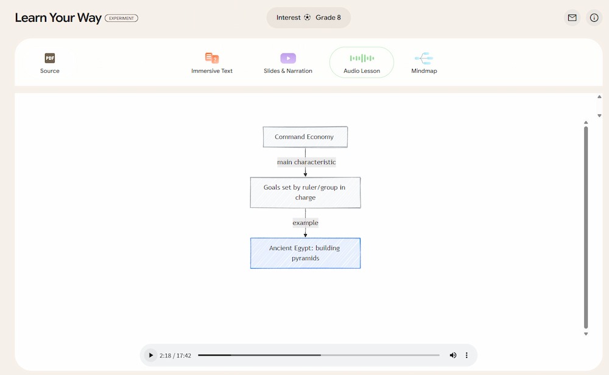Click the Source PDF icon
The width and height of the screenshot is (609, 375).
coord(50,58)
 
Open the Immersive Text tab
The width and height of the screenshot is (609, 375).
coord(212,63)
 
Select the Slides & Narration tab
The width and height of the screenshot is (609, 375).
coord(288,63)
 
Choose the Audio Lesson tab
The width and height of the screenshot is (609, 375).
coord(362,63)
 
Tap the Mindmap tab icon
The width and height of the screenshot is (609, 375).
coord(424,58)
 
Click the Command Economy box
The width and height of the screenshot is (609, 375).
coord(305,137)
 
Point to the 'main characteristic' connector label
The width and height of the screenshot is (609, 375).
coord(306,162)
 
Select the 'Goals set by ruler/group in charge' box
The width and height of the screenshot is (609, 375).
coord(305,192)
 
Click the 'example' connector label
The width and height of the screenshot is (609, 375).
coord(305,222)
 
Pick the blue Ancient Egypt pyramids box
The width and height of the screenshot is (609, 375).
coord(305,253)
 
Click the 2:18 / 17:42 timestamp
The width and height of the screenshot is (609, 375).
coord(175,356)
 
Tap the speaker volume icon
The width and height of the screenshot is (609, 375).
coord(453,355)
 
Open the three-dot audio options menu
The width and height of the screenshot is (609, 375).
coord(466,355)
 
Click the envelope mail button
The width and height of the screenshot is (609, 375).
coord(572,18)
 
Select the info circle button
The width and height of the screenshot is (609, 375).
coord(594,18)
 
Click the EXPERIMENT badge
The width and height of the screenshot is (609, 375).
coord(122,18)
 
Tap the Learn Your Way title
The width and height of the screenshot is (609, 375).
coord(58,18)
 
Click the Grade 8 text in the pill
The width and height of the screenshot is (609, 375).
coord(328,18)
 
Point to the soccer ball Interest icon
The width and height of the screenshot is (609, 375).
coord(307,18)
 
